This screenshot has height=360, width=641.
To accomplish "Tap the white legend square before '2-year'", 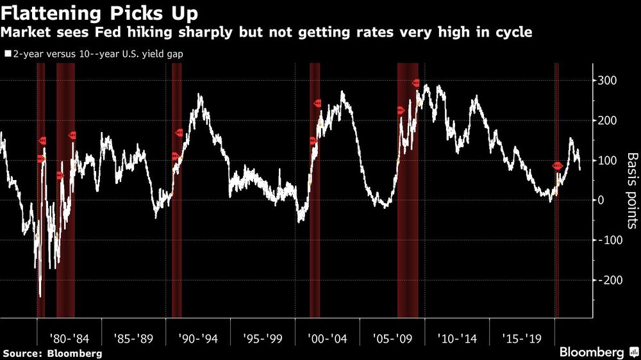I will pos(7,54).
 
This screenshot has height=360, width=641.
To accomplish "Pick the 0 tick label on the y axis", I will pos(601,200).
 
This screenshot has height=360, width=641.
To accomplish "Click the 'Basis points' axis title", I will pos(631,190).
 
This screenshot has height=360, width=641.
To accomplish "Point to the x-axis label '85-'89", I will pos(133,338).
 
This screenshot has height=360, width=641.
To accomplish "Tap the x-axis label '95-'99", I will pos(263,338).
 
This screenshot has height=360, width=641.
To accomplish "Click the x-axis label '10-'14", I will pos(457,338).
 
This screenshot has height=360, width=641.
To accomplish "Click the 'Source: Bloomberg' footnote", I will pos(53,353).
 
